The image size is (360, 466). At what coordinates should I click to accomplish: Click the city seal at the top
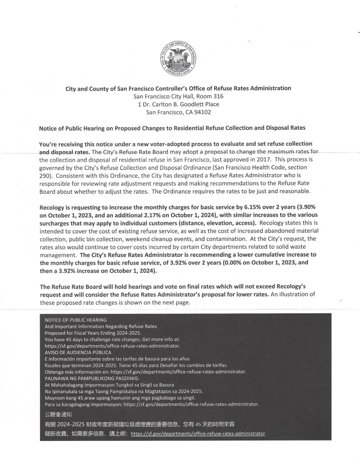179,58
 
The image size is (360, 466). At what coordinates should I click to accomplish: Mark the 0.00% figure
233,263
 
